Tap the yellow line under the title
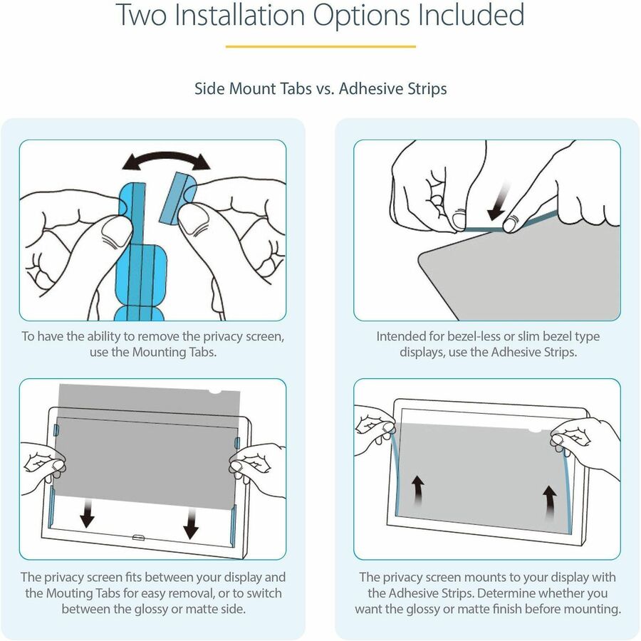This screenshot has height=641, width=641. [x=320, y=46]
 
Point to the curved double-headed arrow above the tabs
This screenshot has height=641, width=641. [x=166, y=160]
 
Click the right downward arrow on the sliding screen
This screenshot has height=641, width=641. [x=191, y=525]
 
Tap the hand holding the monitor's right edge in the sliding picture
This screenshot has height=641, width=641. [x=256, y=470]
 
